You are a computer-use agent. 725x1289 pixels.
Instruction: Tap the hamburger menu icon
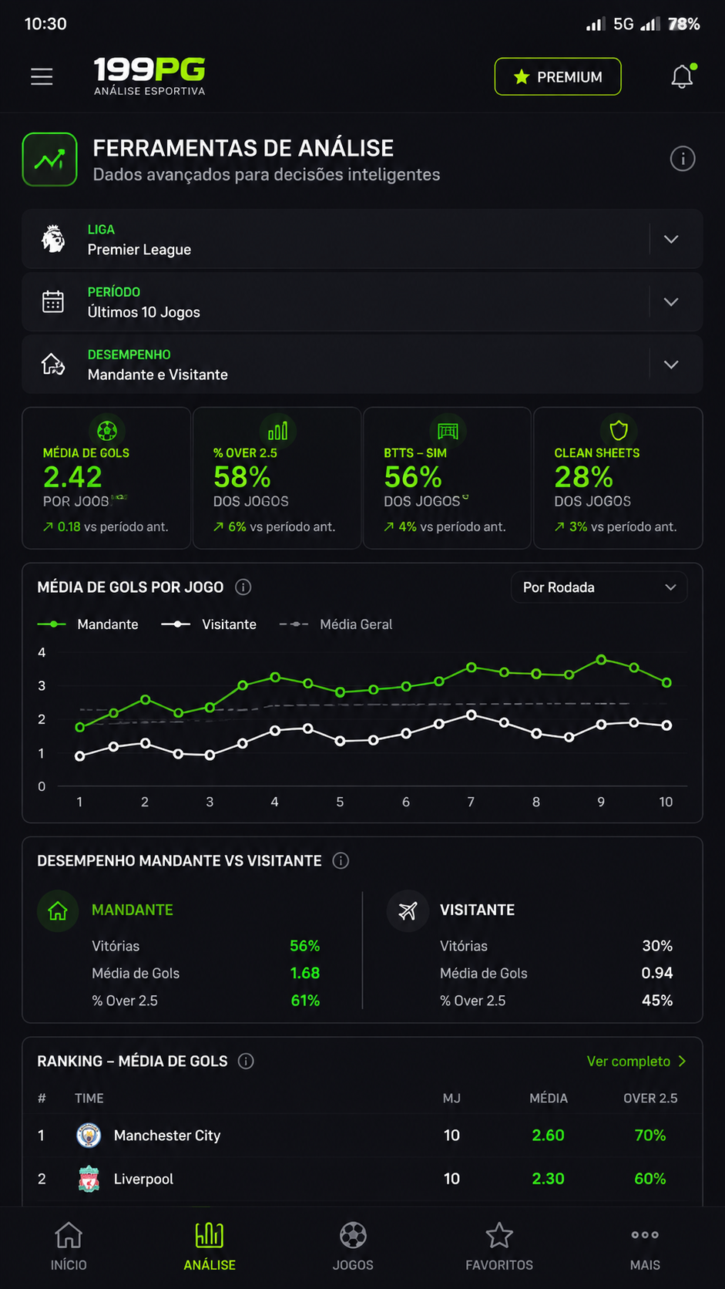tap(42, 76)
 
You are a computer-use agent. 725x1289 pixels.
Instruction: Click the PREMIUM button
tap(558, 76)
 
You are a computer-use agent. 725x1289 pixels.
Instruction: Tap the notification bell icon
tap(683, 76)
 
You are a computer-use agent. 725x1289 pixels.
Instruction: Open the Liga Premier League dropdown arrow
tap(671, 239)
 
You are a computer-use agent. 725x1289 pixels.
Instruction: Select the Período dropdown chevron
tap(671, 301)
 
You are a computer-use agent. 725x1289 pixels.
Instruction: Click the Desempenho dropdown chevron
tap(671, 364)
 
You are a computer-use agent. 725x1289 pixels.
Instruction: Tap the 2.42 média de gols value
tap(72, 477)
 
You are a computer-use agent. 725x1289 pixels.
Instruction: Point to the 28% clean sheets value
tap(583, 477)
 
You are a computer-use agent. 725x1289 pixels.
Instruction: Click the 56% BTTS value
tap(413, 477)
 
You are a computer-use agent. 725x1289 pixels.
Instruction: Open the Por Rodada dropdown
tap(599, 587)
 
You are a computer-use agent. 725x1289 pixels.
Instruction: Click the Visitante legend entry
tap(209, 624)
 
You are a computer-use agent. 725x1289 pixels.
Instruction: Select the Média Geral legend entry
tap(336, 624)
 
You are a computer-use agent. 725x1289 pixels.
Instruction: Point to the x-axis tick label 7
tap(471, 802)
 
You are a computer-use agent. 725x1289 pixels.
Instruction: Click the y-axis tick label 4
tap(42, 652)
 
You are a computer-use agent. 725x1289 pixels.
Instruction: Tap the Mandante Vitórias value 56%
tap(305, 946)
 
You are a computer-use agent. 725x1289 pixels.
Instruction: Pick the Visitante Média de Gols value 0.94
tap(657, 973)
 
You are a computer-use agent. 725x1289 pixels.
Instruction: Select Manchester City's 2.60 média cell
tap(548, 1136)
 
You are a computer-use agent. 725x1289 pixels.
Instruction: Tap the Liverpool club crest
tap(89, 1179)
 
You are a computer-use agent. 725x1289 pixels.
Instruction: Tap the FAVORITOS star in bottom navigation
tap(499, 1236)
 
